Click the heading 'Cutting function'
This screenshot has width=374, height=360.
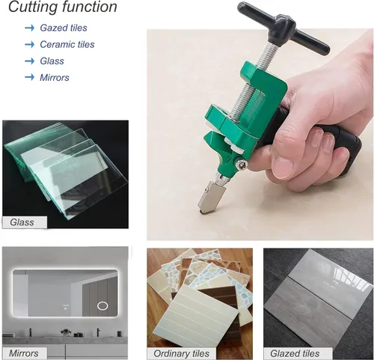tap(63, 7)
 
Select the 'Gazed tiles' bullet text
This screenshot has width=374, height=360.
tap(64, 28)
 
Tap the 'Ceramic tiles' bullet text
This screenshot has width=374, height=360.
tap(67, 44)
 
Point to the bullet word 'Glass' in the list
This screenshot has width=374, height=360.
tap(52, 61)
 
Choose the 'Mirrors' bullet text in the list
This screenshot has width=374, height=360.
tap(55, 78)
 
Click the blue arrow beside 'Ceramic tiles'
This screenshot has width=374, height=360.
tap(30, 44)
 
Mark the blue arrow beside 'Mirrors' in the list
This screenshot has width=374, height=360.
tap(30, 77)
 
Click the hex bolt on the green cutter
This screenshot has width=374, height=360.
tap(242, 165)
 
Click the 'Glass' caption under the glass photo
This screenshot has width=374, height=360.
tap(22, 222)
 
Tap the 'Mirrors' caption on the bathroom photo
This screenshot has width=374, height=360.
tap(24, 353)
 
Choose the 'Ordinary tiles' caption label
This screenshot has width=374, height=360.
tap(181, 353)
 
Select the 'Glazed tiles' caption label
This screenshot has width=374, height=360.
tap(295, 353)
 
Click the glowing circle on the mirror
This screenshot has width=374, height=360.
tap(102, 305)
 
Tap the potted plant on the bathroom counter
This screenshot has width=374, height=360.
tap(66, 332)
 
